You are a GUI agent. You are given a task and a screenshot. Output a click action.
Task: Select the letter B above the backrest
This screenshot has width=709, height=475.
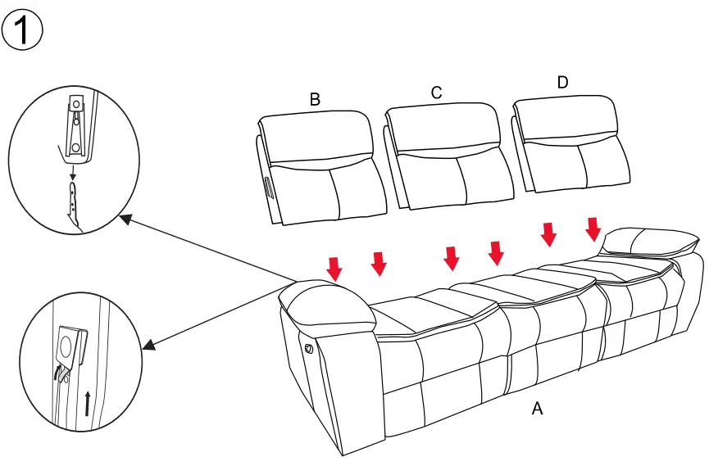pyautogui.click(x=315, y=99)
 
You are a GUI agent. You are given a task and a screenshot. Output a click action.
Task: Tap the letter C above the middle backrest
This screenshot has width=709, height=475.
pyautogui.click(x=437, y=93)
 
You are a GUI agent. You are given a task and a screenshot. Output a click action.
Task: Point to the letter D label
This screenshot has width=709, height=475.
pyautogui.click(x=562, y=83)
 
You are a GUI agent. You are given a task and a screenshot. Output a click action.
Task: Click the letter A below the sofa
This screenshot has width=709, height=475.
pyautogui.click(x=538, y=409)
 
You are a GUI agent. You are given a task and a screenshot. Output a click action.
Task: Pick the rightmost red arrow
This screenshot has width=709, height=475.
pyautogui.click(x=593, y=228)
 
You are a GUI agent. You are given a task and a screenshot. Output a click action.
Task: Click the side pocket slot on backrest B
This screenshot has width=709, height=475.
pyautogui.click(x=268, y=188)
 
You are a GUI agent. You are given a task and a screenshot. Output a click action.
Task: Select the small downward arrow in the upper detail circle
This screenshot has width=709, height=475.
pyautogui.click(x=73, y=171)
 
